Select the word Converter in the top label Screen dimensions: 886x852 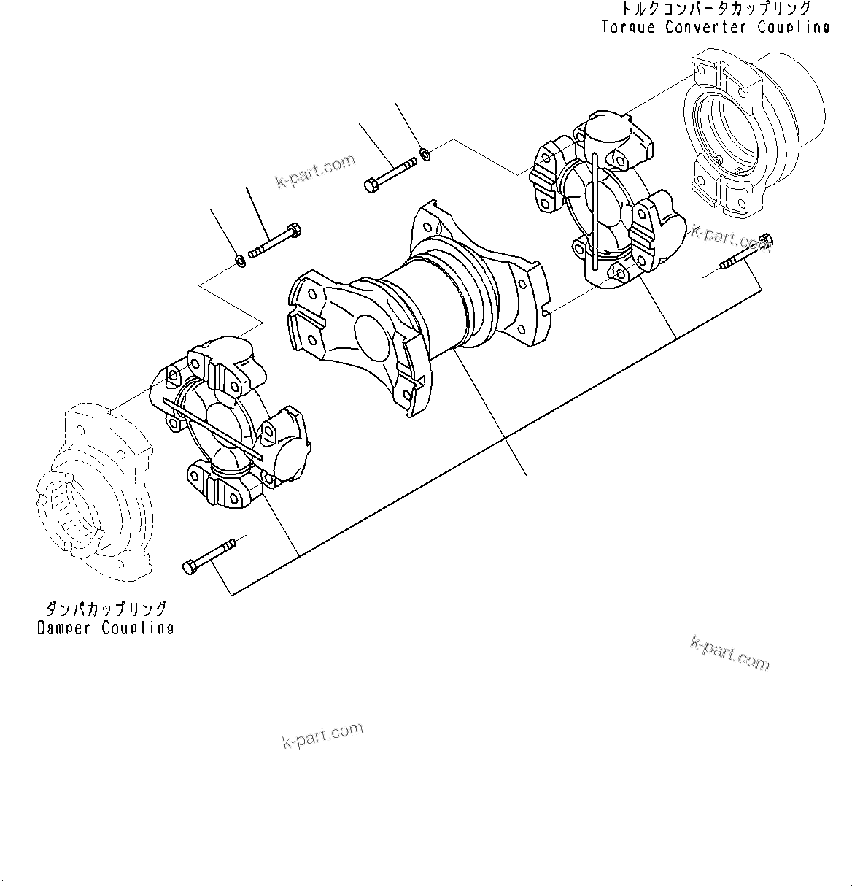tap(705, 27)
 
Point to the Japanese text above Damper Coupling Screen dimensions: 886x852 tap(106, 609)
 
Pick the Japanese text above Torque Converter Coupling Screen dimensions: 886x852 tap(716, 9)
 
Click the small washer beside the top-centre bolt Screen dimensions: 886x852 tap(425, 154)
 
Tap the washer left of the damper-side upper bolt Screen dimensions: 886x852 tap(239, 260)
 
